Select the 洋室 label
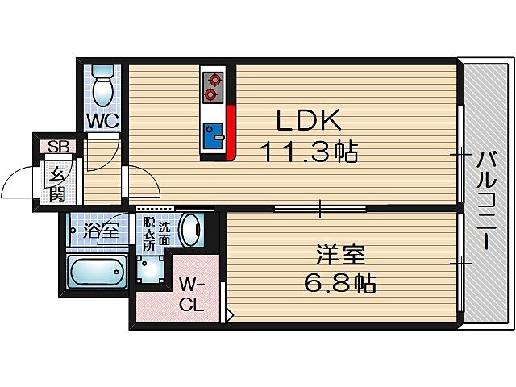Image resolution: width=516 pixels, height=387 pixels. tap(339, 256)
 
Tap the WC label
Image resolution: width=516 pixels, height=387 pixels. tap(104, 121)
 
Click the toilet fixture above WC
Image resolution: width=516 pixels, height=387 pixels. tap(103, 85)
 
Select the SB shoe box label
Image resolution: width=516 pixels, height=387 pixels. tap(57, 147)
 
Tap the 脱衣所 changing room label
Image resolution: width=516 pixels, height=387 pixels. tap(148, 233)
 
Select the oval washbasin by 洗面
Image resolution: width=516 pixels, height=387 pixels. tap(190, 231)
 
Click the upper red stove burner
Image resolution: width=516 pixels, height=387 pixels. tap(214, 80)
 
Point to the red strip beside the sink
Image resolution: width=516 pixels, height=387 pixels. tap(231, 133)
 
